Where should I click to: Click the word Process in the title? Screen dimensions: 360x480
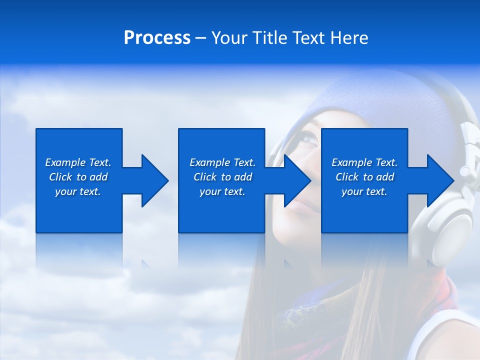click(157, 38)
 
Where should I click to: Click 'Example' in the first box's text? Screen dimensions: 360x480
click(65, 162)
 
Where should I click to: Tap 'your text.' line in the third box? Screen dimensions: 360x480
click(364, 191)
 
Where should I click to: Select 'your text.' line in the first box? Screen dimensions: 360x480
click(78, 191)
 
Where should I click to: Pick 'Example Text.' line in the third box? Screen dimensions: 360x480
click(364, 162)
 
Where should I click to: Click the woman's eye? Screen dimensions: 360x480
click(308, 138)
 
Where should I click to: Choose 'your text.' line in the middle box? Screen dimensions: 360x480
click(222, 191)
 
